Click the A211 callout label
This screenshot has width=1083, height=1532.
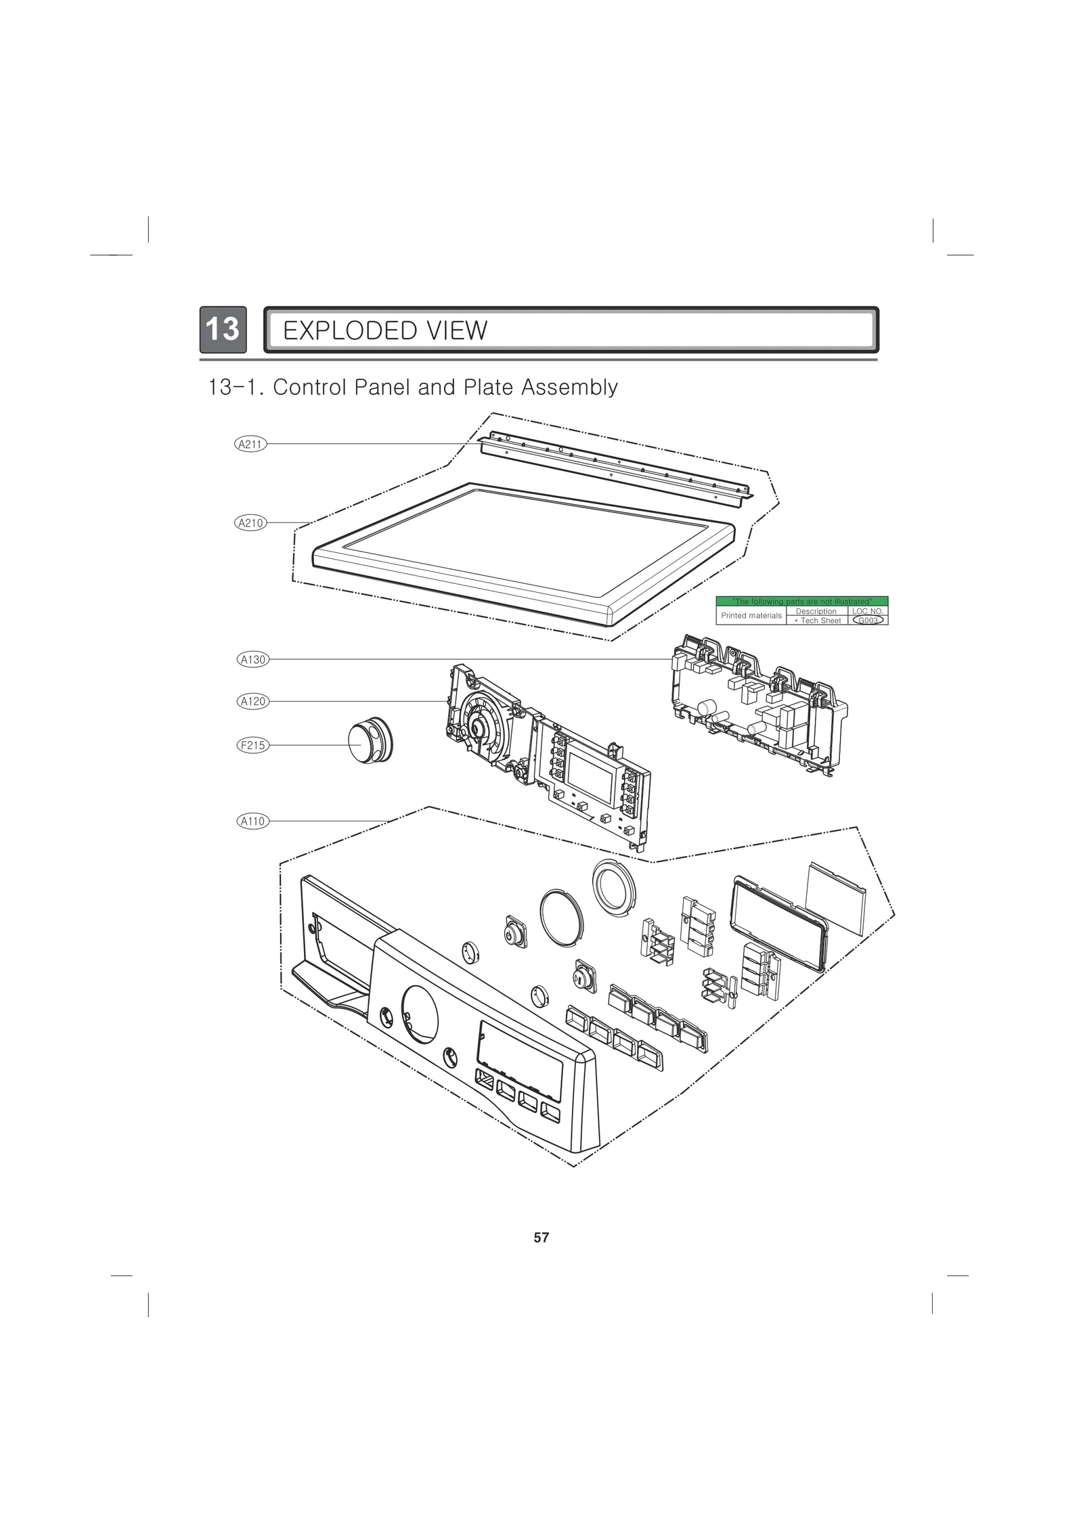251,444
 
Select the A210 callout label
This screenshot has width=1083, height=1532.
251,522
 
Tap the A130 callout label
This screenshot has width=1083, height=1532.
253,659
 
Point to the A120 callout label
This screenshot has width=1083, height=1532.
253,701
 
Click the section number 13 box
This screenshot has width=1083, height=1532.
223,330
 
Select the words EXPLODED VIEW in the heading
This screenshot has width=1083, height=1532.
384,331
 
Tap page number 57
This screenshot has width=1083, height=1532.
541,1238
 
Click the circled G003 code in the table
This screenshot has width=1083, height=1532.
868,620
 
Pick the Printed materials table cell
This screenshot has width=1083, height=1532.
751,616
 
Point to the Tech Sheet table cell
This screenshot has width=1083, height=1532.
817,621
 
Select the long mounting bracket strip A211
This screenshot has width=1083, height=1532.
615,466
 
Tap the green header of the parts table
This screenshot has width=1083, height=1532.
802,601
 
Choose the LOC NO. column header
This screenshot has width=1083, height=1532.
868,611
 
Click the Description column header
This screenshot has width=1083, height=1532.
816,611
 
